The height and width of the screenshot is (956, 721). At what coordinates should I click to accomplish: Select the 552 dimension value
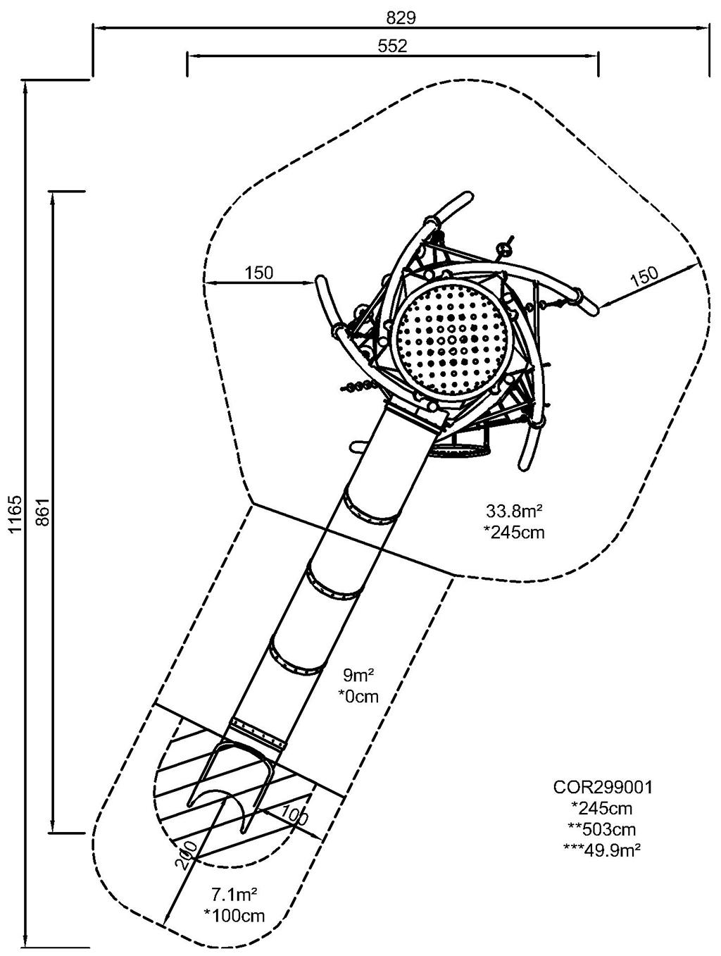coord(392,46)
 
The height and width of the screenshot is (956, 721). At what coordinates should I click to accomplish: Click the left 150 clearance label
coord(259,273)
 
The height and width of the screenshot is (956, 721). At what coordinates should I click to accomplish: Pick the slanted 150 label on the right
coord(644,275)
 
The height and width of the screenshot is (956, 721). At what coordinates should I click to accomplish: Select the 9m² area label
coord(358,677)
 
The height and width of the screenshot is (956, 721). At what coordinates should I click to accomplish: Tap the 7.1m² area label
coord(234,895)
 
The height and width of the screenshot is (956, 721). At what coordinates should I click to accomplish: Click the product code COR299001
coord(603,787)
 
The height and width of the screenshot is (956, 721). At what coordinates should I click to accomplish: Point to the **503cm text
coord(603,828)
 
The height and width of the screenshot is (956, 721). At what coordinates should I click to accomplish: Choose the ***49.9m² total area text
coord(603,850)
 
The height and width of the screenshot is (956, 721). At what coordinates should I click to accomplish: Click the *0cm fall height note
coord(358,697)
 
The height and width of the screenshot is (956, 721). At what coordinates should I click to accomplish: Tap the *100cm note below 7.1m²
coord(234,916)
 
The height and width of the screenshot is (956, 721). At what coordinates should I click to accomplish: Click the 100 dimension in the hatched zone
coord(294,815)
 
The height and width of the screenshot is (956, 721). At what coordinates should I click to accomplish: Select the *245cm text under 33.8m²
coord(514,532)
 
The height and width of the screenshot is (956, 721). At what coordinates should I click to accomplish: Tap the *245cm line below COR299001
coord(603,808)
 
